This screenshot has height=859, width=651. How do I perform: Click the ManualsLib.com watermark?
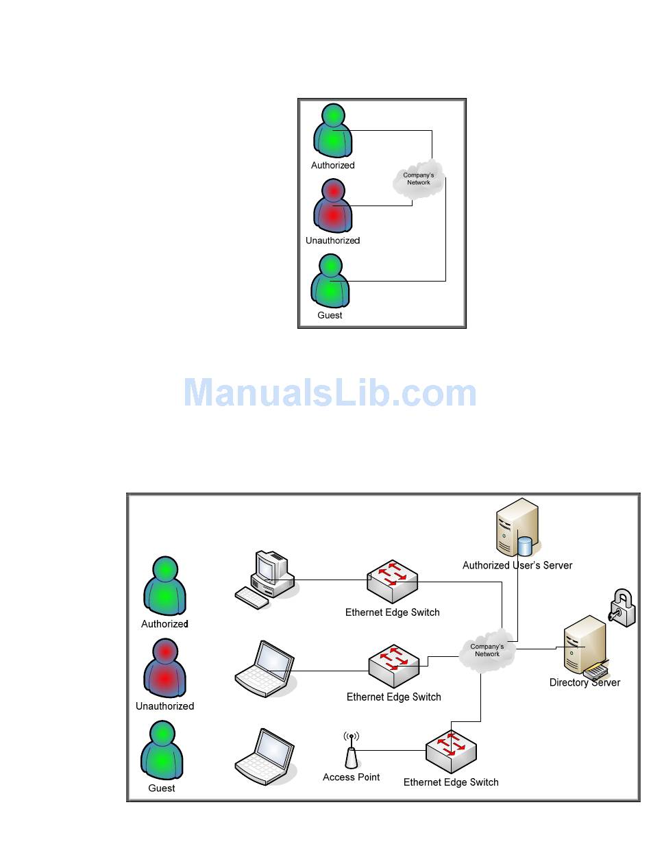point(330,394)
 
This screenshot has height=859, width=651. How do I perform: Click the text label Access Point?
point(351,777)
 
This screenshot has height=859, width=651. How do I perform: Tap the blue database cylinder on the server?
point(525,546)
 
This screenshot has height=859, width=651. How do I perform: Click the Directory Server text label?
point(585,683)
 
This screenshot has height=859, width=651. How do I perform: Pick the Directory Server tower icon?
point(582,644)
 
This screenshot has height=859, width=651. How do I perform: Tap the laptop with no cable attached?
point(266,757)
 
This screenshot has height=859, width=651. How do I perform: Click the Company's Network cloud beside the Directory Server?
point(487,651)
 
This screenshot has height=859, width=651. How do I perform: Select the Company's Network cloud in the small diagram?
point(418,179)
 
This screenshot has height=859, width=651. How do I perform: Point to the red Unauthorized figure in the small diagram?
point(333,206)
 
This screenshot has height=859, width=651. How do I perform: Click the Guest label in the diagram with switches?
point(162,788)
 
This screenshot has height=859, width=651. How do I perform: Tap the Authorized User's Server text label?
point(517,566)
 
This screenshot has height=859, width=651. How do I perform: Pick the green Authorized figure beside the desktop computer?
point(164,586)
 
